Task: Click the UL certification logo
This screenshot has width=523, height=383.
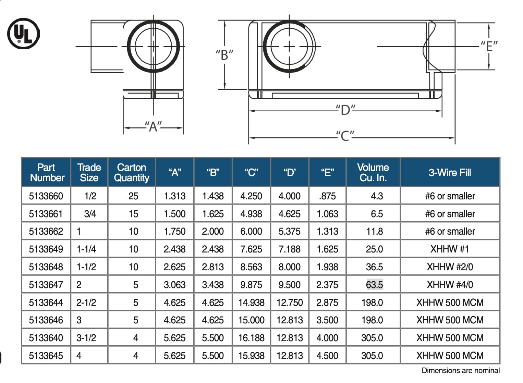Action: click(x=23, y=34)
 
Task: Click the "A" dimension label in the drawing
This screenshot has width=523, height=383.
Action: click(x=153, y=127)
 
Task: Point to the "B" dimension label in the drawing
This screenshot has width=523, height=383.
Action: click(x=224, y=54)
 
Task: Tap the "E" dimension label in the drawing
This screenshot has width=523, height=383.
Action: click(x=489, y=46)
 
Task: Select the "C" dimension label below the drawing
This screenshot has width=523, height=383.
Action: click(x=345, y=136)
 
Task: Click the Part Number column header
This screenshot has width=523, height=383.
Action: click(x=47, y=172)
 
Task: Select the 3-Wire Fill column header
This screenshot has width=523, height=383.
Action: click(x=450, y=172)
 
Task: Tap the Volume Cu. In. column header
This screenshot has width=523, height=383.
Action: click(x=373, y=172)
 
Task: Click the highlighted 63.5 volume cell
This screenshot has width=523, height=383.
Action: click(x=375, y=285)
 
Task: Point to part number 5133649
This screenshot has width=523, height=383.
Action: click(x=46, y=249)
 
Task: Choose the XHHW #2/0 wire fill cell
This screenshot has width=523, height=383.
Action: click(x=450, y=267)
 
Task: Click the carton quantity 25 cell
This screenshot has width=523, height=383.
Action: click(x=133, y=196)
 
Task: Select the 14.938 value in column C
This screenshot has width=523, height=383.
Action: click(x=251, y=302)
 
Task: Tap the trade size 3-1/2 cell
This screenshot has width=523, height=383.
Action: click(x=86, y=338)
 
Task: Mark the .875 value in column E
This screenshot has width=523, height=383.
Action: click(x=327, y=196)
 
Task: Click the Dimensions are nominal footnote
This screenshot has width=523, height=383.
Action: click(x=460, y=371)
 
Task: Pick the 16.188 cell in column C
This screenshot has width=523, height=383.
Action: click(x=251, y=338)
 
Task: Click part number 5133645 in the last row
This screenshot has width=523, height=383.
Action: click(x=46, y=356)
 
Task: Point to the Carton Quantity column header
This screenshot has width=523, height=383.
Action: click(x=132, y=172)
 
